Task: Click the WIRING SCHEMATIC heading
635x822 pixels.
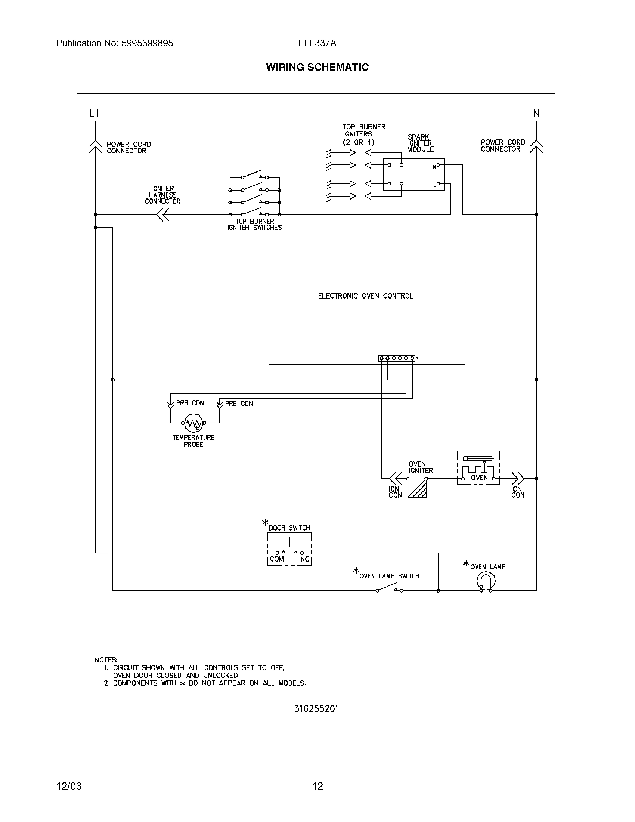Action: pyautogui.click(x=317, y=67)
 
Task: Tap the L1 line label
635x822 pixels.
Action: pyautogui.click(x=95, y=113)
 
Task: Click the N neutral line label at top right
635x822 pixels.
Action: pyautogui.click(x=536, y=113)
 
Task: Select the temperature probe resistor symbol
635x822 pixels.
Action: pyautogui.click(x=194, y=423)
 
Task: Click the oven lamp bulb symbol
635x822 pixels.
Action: pyautogui.click(x=486, y=581)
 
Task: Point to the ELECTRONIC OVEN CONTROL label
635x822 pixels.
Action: pyautogui.click(x=365, y=296)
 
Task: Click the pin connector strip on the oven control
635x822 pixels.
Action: pyautogui.click(x=396, y=358)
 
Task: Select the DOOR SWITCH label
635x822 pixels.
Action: pyautogui.click(x=289, y=528)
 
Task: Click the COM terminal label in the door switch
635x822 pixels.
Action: pyautogui.click(x=277, y=559)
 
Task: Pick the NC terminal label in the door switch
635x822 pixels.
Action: pyautogui.click(x=305, y=559)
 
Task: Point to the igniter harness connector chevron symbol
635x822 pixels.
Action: pyautogui.click(x=163, y=215)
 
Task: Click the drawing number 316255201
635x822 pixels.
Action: pyautogui.click(x=316, y=709)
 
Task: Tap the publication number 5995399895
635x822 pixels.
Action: pyautogui.click(x=147, y=43)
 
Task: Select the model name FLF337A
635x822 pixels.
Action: pyautogui.click(x=317, y=43)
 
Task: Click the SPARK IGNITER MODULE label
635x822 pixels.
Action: pyautogui.click(x=420, y=143)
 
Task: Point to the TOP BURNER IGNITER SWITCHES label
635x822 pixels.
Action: pyautogui.click(x=254, y=224)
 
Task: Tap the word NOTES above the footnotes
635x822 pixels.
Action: pyautogui.click(x=106, y=660)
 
